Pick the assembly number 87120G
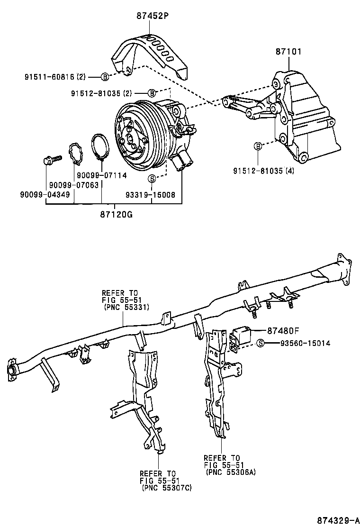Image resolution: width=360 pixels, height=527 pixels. [x=115, y=214]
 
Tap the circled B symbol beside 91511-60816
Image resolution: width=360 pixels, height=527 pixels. [x=105, y=76]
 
